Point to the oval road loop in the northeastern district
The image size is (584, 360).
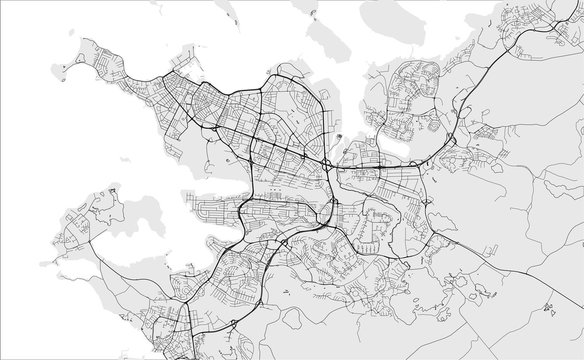411,81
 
